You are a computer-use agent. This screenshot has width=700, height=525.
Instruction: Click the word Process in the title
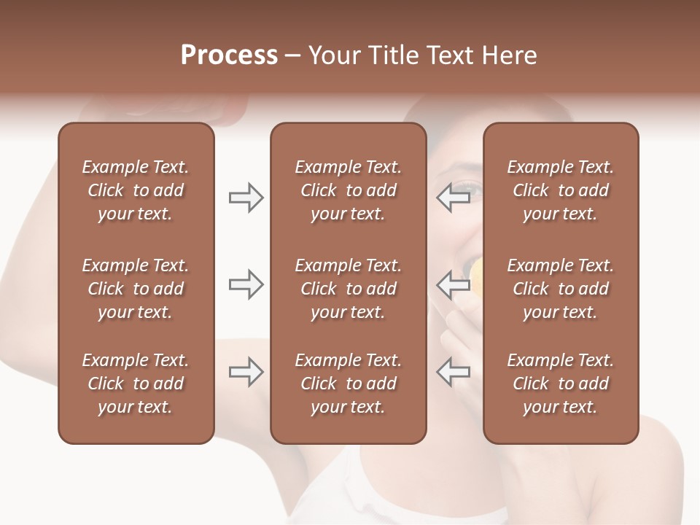pyautogui.click(x=229, y=55)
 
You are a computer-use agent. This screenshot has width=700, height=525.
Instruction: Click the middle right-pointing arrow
pyautogui.click(x=246, y=284)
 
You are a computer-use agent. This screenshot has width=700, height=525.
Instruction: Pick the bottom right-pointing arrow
pyautogui.click(x=246, y=372)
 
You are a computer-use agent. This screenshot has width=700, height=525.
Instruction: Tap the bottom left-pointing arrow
pyautogui.click(x=454, y=372)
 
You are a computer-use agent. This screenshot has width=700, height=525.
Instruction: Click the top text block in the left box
pyautogui.click(x=136, y=190)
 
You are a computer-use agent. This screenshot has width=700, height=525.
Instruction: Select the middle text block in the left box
pyautogui.click(x=136, y=289)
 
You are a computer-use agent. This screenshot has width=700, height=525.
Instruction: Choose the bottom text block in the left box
pyautogui.click(x=136, y=384)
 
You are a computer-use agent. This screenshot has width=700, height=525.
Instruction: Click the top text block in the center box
pyautogui.click(x=348, y=190)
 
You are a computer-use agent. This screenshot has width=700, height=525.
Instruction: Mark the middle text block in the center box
pyautogui.click(x=348, y=289)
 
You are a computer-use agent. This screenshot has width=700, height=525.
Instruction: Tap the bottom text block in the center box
pyautogui.click(x=348, y=384)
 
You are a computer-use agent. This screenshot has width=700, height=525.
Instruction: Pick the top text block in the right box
pyautogui.click(x=560, y=190)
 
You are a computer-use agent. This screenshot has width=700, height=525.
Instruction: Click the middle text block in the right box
pyautogui.click(x=560, y=289)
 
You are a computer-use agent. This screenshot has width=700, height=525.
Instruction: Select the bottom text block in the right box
pyautogui.click(x=560, y=384)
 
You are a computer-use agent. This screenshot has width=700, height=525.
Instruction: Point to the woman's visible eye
pyautogui.click(x=472, y=191)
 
